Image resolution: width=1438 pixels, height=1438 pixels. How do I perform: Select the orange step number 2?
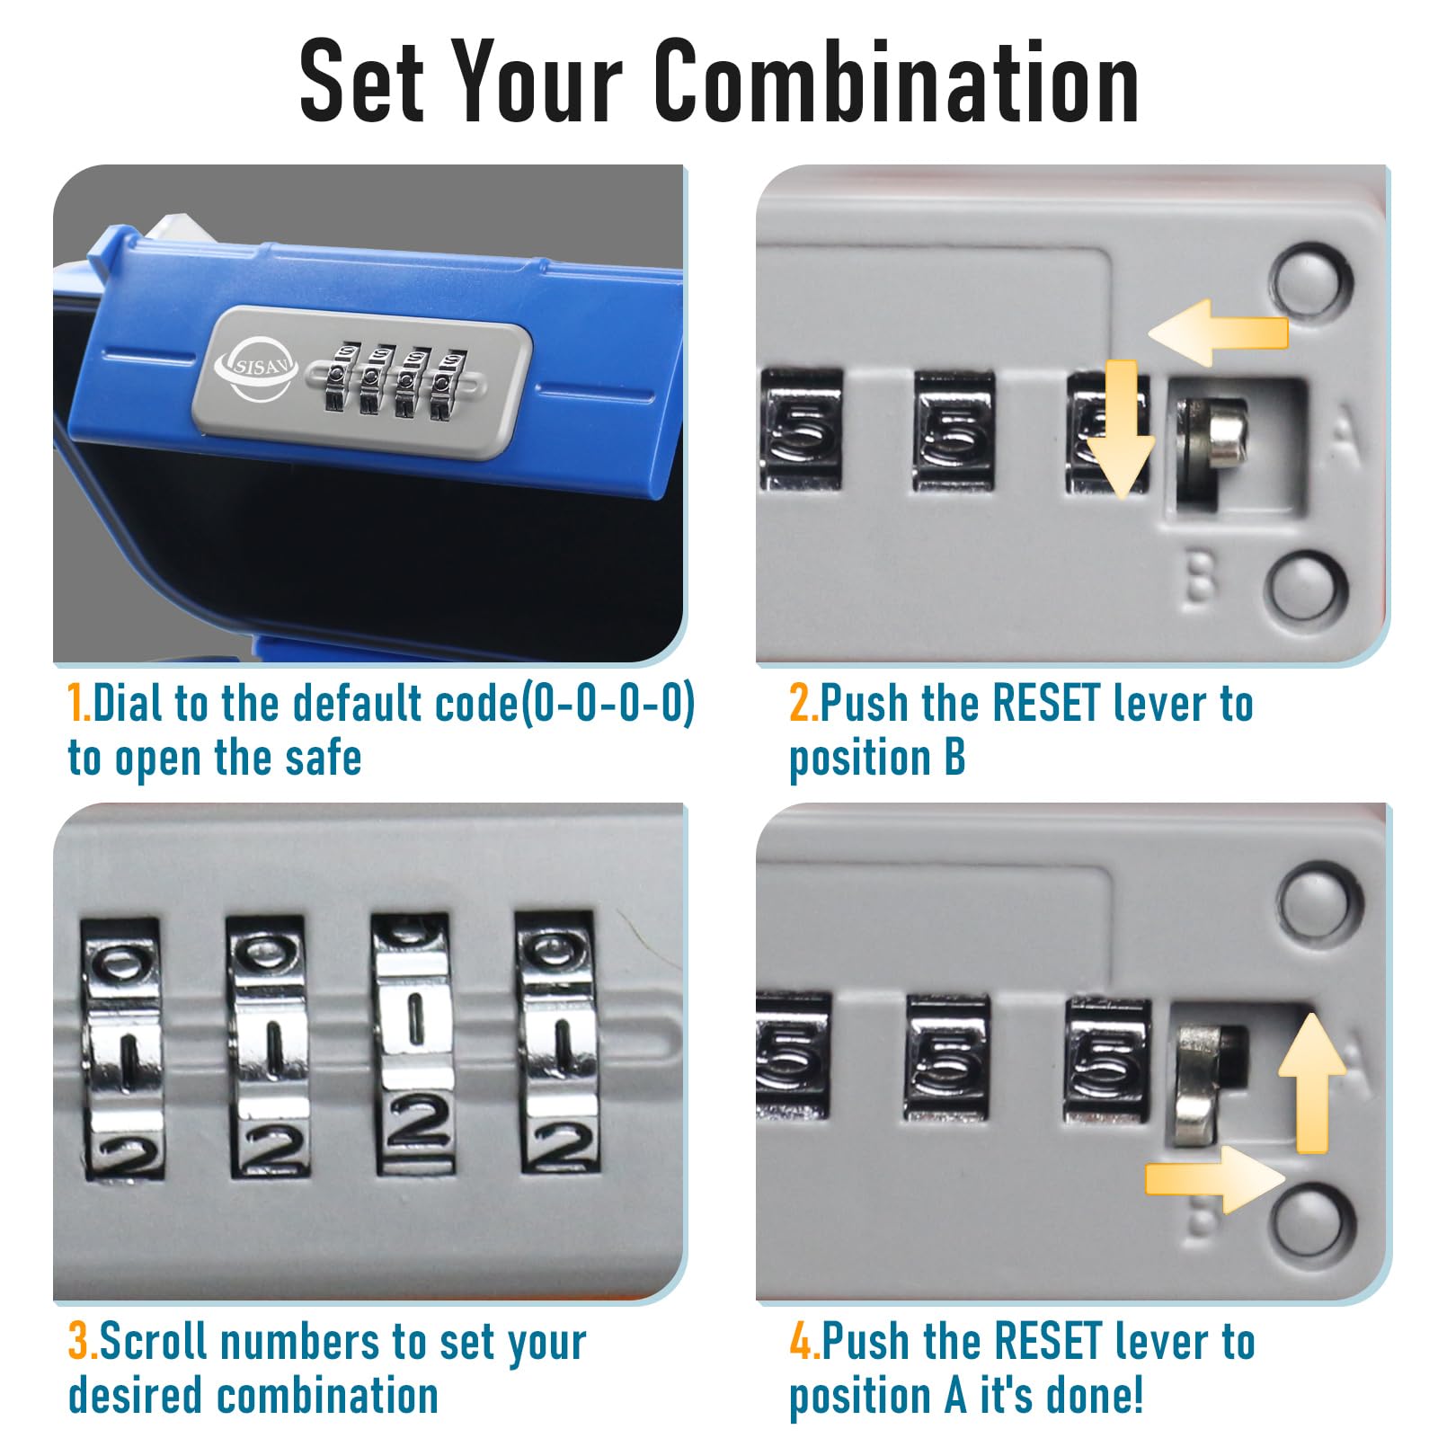803,703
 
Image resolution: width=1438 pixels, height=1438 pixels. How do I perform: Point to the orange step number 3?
82,1341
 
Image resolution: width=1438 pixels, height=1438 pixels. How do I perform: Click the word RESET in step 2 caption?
1047,703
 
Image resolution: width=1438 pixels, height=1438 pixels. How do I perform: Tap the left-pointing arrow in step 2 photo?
1218,332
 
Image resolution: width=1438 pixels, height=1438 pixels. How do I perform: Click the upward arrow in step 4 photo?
1312,1083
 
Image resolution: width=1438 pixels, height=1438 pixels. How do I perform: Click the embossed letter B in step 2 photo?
1198,577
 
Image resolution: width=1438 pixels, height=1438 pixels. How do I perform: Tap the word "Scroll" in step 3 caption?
155,1341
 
